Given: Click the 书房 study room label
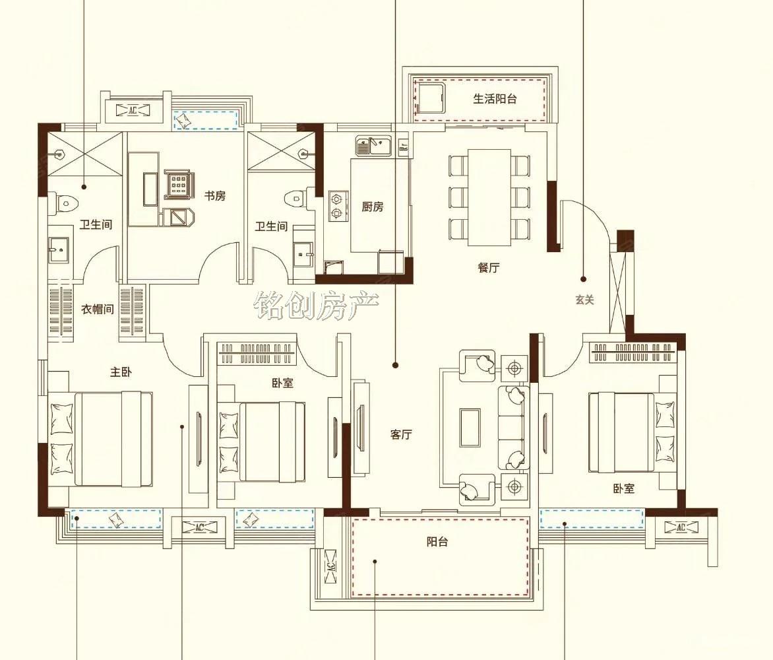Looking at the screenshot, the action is point(215,196).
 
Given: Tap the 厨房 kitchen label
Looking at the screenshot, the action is point(372,207).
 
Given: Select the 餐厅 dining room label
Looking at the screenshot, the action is point(489,268).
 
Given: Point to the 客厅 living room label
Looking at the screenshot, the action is point(401,434).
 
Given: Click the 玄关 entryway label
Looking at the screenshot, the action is point(584,300).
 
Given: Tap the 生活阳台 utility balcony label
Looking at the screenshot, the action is point(495,98).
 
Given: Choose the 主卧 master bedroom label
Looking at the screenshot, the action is point(121,372).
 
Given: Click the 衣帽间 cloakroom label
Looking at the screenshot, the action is point(98,310).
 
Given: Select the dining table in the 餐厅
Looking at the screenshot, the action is point(489,197).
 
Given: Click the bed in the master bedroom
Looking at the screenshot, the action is point(101,439).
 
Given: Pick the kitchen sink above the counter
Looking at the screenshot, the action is point(373,145).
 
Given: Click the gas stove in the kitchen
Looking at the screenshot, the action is point(336,206).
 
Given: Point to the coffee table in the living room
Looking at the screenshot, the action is point(470,428).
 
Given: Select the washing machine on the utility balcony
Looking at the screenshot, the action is point(430,98).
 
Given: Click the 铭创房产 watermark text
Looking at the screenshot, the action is point(316,306).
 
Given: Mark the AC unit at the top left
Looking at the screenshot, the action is point(133,110).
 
